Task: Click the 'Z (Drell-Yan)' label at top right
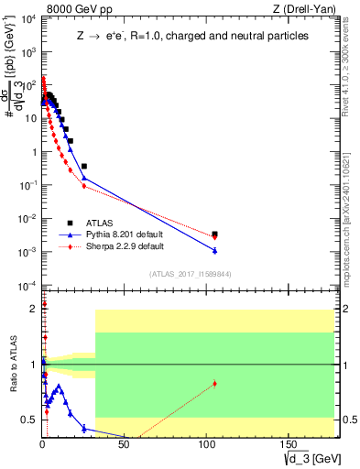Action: coord(304,8)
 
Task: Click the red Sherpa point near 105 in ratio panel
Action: coord(214,384)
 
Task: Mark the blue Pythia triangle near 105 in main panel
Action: coord(214,250)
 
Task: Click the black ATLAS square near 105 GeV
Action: coord(214,234)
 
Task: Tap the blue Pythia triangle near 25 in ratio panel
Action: coord(84,428)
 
